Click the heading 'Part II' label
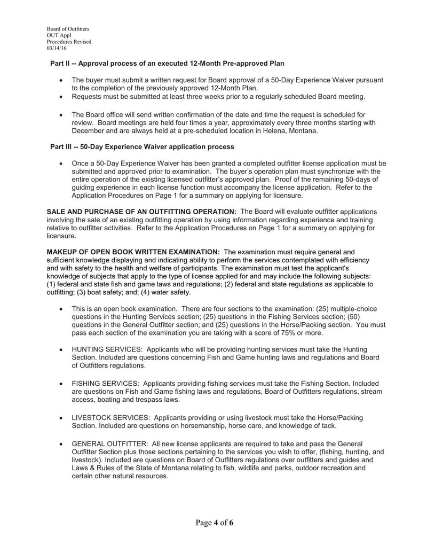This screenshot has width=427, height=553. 60,64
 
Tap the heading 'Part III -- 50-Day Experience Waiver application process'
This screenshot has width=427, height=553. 141,146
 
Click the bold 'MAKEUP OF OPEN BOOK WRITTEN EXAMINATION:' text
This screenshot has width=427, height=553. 133,252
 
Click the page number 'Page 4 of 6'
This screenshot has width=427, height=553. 214,523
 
